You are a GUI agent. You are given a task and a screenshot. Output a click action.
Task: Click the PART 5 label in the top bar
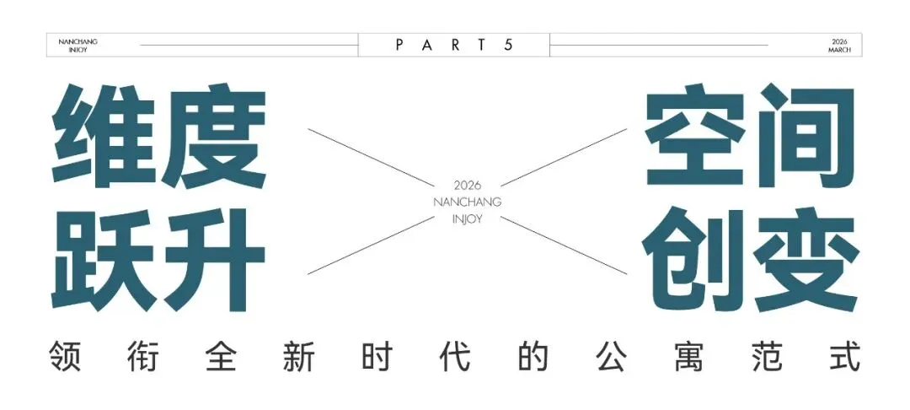(x=454, y=45)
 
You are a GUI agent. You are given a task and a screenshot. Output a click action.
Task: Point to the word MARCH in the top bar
(x=839, y=50)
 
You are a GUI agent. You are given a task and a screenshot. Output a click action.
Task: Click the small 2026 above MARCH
(x=839, y=40)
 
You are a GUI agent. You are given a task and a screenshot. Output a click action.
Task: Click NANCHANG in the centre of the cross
(x=467, y=202)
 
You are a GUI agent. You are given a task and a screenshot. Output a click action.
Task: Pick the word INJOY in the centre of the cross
(x=467, y=219)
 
